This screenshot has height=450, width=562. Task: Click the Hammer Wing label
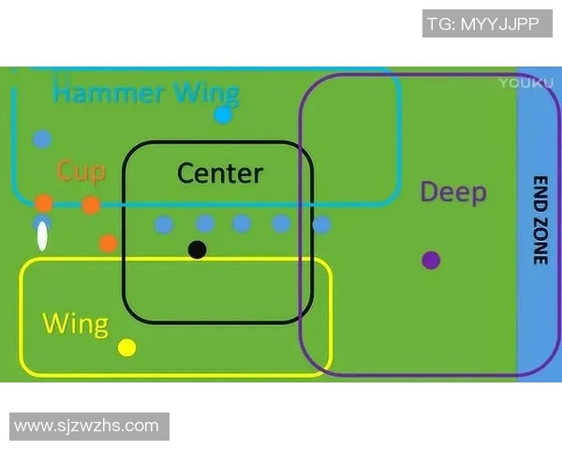pyautogui.click(x=146, y=93)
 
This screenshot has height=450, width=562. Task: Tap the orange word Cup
pyautogui.click(x=81, y=171)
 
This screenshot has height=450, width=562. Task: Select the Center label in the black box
pyautogui.click(x=220, y=172)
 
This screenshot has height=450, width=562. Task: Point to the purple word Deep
pyautogui.click(x=453, y=192)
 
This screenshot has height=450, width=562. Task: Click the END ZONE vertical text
pyautogui.click(x=540, y=220)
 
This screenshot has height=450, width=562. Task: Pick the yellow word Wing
pyautogui.click(x=76, y=324)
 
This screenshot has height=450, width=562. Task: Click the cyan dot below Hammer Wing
pyautogui.click(x=223, y=115)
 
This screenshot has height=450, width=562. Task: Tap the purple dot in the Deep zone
pyautogui.click(x=431, y=260)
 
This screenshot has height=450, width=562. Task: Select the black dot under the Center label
pyautogui.click(x=197, y=249)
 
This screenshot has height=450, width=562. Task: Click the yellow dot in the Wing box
pyautogui.click(x=127, y=348)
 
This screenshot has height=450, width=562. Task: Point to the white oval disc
pyautogui.click(x=42, y=236)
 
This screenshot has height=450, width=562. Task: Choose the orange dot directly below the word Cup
pyautogui.click(x=91, y=205)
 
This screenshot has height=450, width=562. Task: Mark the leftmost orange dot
pyautogui.click(x=44, y=203)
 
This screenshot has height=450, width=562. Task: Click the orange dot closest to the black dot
pyautogui.click(x=109, y=243)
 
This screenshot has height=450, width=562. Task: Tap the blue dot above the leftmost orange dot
pyautogui.click(x=41, y=140)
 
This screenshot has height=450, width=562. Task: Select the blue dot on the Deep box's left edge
pyautogui.click(x=321, y=225)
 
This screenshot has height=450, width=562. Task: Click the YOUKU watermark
pyautogui.click(x=520, y=82)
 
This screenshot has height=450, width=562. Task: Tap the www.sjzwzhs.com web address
pyautogui.click(x=87, y=426)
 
